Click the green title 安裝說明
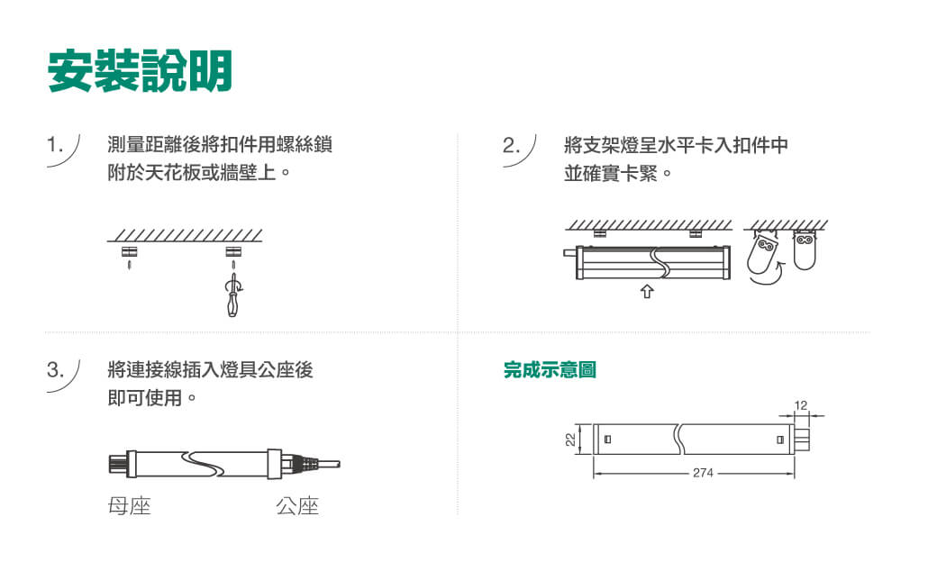140,71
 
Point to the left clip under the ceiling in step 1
129,250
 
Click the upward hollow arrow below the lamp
645,291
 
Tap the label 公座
297,506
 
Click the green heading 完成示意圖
550,370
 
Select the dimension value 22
570,440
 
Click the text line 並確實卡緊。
617,171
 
